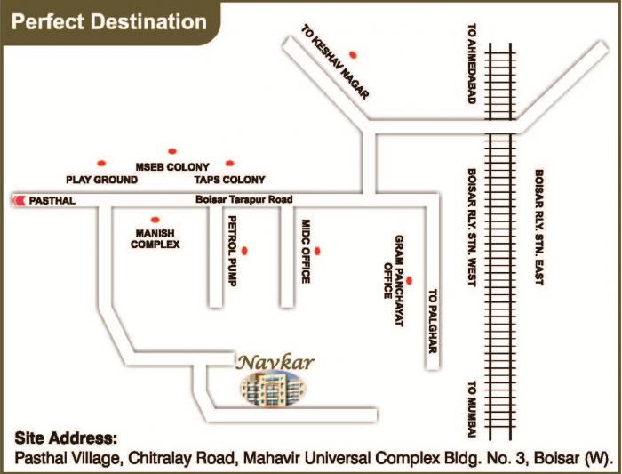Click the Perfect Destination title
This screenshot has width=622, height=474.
point(106,20)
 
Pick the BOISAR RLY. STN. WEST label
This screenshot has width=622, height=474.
point(473,228)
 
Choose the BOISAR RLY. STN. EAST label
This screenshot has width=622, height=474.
point(538,228)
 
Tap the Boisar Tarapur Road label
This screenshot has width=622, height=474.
point(244,200)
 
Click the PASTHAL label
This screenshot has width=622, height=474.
point(52,201)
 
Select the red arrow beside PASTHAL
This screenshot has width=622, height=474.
point(17,201)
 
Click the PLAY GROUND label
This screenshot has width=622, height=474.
point(102,180)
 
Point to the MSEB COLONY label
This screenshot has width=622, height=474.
point(171,167)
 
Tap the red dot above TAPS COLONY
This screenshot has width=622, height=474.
point(230,163)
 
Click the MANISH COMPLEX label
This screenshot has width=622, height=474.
point(155,237)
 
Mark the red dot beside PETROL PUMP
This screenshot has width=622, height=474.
point(244,252)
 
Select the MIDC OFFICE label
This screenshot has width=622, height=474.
point(304,252)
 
